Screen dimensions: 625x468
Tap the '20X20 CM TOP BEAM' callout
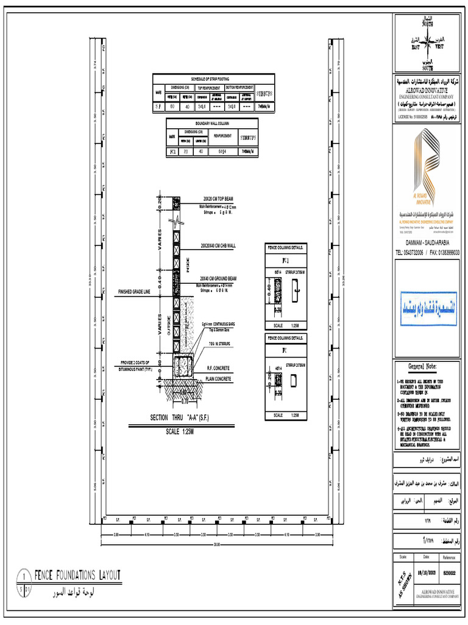[x=218, y=199]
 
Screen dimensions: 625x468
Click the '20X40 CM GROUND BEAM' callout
[x=218, y=278]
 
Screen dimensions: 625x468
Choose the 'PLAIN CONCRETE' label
[x=218, y=379]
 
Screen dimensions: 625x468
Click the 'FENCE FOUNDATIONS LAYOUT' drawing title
[x=77, y=575]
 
